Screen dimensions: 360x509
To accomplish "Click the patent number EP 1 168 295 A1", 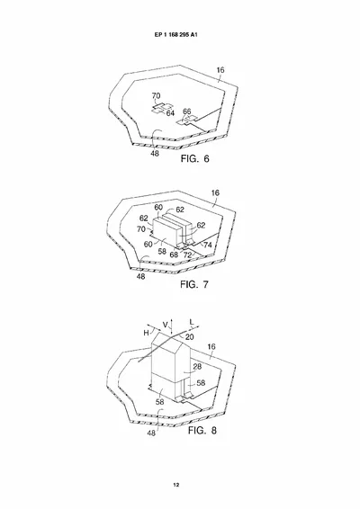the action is (175, 35).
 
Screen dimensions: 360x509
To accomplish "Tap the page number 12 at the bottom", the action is (175, 485).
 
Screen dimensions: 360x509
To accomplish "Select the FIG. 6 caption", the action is (195, 158).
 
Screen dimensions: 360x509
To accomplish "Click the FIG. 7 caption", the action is (194, 284).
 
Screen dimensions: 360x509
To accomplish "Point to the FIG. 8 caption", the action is (202, 431).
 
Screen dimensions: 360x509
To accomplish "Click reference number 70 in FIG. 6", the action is (156, 95).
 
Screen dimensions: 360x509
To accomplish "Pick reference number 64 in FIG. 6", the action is (170, 113).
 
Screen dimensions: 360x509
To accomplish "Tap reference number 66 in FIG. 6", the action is (187, 112).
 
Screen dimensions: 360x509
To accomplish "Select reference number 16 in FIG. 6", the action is (220, 70).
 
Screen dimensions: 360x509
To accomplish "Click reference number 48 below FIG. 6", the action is (155, 153).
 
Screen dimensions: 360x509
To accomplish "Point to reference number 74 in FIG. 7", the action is (207, 245).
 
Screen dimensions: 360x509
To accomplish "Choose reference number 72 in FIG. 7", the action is (187, 255).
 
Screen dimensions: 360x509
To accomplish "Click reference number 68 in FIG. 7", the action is (174, 254).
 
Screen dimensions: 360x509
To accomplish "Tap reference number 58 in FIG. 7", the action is (162, 251).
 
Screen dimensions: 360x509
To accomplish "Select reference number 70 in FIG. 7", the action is (141, 229).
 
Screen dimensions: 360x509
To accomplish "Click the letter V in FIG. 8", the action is (166, 325).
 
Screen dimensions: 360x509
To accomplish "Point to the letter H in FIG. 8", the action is (146, 333).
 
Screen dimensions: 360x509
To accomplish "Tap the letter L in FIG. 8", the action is (192, 322).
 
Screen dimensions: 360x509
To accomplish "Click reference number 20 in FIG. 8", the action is (189, 336).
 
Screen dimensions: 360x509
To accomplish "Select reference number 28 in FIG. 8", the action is (197, 367).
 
